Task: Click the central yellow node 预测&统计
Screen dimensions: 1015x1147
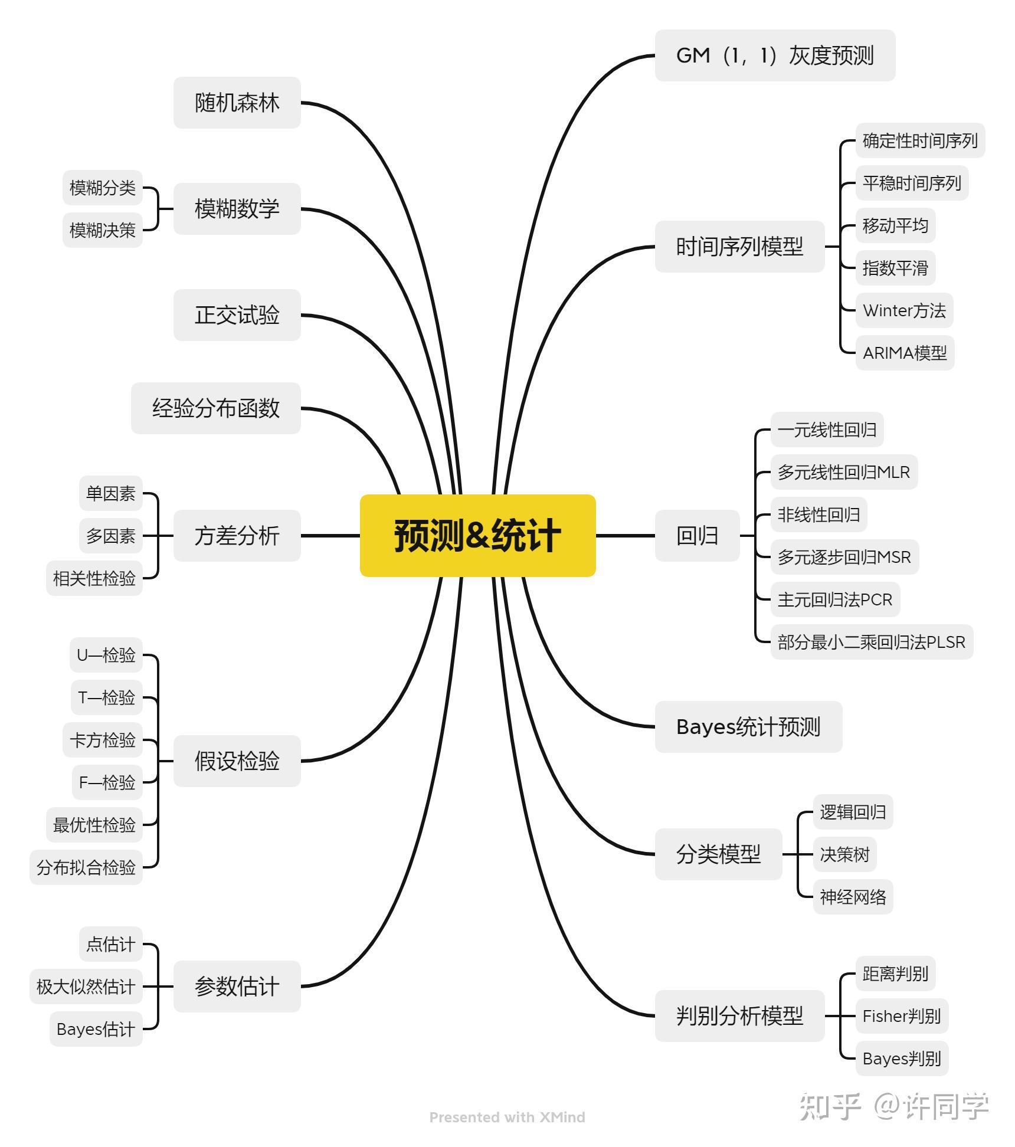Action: click(x=477, y=535)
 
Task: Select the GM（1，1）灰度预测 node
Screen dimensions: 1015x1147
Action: click(x=774, y=55)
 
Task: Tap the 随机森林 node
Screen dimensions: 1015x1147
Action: click(x=237, y=103)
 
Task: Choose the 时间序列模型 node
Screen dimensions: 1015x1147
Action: click(x=739, y=247)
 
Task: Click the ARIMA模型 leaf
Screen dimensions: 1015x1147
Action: click(x=904, y=353)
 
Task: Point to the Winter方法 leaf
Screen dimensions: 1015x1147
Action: click(x=903, y=310)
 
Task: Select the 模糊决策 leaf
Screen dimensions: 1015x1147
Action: click(x=103, y=230)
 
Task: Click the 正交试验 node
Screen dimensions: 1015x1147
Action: click(x=237, y=315)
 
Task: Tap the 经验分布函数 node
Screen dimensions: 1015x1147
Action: click(x=215, y=408)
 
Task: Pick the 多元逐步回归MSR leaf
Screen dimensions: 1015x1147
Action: click(x=844, y=557)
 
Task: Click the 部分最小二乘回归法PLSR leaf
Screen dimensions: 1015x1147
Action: click(x=871, y=642)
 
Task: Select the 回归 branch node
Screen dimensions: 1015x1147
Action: click(x=697, y=536)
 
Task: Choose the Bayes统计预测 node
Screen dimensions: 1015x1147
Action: click(x=748, y=727)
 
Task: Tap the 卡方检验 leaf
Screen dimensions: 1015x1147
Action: click(x=103, y=740)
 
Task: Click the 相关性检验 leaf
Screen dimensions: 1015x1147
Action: click(x=94, y=578)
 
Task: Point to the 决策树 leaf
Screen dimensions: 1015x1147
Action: click(x=844, y=854)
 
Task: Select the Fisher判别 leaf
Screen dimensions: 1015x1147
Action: click(x=901, y=1016)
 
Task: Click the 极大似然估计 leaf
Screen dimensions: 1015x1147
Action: click(x=86, y=987)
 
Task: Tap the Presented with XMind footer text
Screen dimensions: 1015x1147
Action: click(x=507, y=1117)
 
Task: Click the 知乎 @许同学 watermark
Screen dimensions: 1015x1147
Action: click(x=893, y=1106)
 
